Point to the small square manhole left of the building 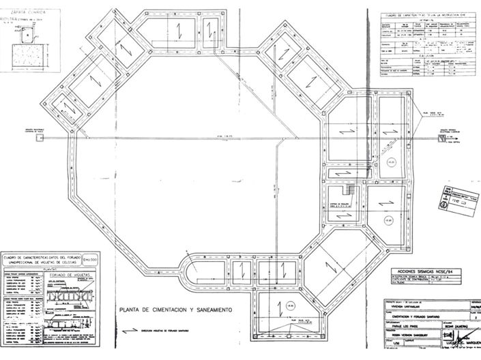click(x=41, y=138)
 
